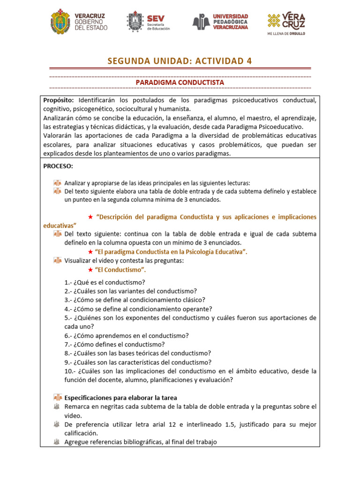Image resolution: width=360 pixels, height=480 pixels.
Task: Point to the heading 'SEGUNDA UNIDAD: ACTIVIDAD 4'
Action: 180,61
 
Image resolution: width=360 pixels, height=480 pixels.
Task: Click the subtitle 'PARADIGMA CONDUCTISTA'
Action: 180,82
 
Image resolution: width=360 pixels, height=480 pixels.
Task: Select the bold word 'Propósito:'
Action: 59,100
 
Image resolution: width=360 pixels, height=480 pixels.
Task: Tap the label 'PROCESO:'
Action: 58,166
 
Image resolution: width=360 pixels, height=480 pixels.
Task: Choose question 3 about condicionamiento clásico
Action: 128,300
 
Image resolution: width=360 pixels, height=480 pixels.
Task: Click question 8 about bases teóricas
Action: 131,353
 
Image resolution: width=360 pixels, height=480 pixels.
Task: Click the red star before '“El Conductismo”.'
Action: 90,270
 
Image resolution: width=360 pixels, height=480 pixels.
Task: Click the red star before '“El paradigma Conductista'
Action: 90,252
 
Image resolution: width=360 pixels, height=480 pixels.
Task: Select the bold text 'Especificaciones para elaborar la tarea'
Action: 120,397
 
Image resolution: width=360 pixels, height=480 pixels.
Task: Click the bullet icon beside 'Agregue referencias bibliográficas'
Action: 57,442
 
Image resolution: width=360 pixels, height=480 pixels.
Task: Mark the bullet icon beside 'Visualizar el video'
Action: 57,261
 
